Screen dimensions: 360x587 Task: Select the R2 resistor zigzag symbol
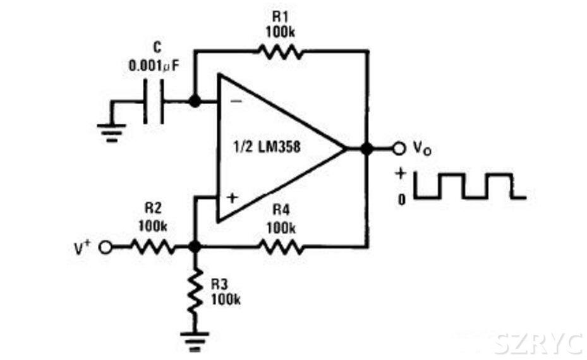153,248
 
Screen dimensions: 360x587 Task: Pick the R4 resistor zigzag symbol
281,248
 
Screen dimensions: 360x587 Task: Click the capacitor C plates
154,101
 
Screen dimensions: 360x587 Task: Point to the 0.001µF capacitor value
154,65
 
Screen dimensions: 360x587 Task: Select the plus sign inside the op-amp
231,198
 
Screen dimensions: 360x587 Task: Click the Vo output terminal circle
399,149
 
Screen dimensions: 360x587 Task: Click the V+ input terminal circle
106,248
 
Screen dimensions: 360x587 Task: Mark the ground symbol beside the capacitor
112,131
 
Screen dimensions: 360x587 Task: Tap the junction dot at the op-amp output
366,149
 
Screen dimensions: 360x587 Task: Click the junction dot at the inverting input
195,101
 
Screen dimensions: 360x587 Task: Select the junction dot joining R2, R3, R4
195,248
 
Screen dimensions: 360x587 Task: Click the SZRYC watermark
538,343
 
